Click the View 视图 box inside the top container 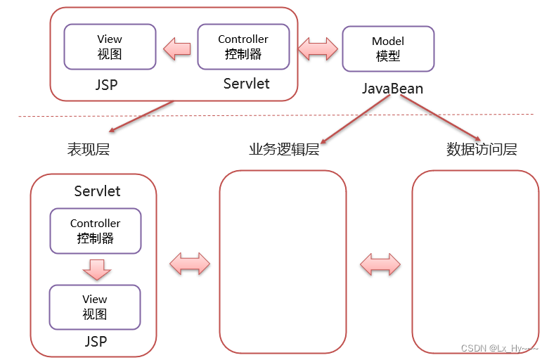(x=110, y=46)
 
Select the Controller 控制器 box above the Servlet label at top (x=243, y=46)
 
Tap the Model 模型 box (x=387, y=49)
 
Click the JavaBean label (x=392, y=89)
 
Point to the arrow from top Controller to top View (x=176, y=48)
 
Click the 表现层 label (x=89, y=149)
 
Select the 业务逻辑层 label (x=284, y=149)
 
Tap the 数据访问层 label (x=482, y=149)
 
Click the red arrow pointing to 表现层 (x=141, y=116)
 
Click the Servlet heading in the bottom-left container (x=97, y=191)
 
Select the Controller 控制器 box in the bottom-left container (x=95, y=231)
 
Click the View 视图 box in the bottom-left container (x=94, y=307)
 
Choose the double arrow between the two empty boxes (x=380, y=264)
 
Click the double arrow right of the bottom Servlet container (x=190, y=264)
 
